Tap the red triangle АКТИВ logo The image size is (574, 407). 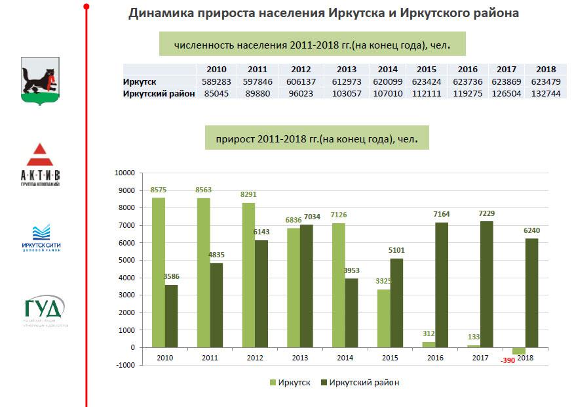coord(41,165)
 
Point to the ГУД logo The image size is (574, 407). coord(45,311)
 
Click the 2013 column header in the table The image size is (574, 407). coord(346,70)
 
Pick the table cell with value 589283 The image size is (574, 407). coord(216,81)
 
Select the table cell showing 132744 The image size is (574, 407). coord(546,94)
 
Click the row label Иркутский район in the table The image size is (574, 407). coord(159,94)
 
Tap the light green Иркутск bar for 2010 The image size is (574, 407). coord(158,272)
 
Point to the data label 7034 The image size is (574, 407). coord(312,217)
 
